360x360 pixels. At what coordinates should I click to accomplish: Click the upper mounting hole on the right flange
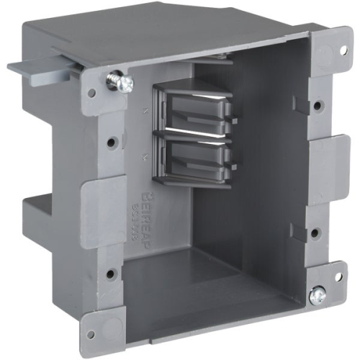tap(317, 106)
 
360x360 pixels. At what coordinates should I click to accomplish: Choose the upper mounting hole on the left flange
tap(109, 142)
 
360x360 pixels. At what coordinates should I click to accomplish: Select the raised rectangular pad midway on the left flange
tap(94, 205)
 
